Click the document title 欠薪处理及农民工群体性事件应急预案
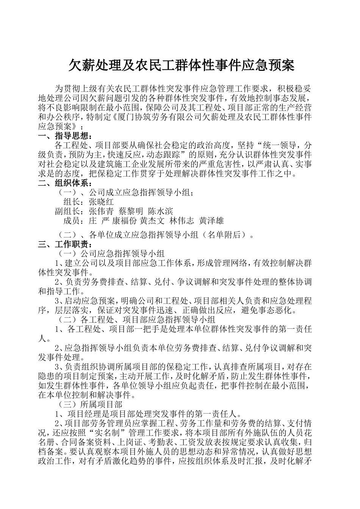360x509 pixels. [x=181, y=66]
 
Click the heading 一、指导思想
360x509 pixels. [x=65, y=136]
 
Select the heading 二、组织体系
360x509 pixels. [x=65, y=184]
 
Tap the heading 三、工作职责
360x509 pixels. [x=65, y=244]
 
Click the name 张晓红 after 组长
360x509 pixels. [x=101, y=202]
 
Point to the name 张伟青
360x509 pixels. [x=101, y=211]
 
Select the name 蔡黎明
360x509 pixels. [x=131, y=211]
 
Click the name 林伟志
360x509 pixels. [x=182, y=220]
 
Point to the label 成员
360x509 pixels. [x=73, y=220]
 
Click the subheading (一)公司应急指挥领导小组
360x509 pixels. [x=110, y=253]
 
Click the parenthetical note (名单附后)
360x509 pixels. [x=225, y=235]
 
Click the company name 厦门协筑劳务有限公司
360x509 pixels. [x=159, y=117]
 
